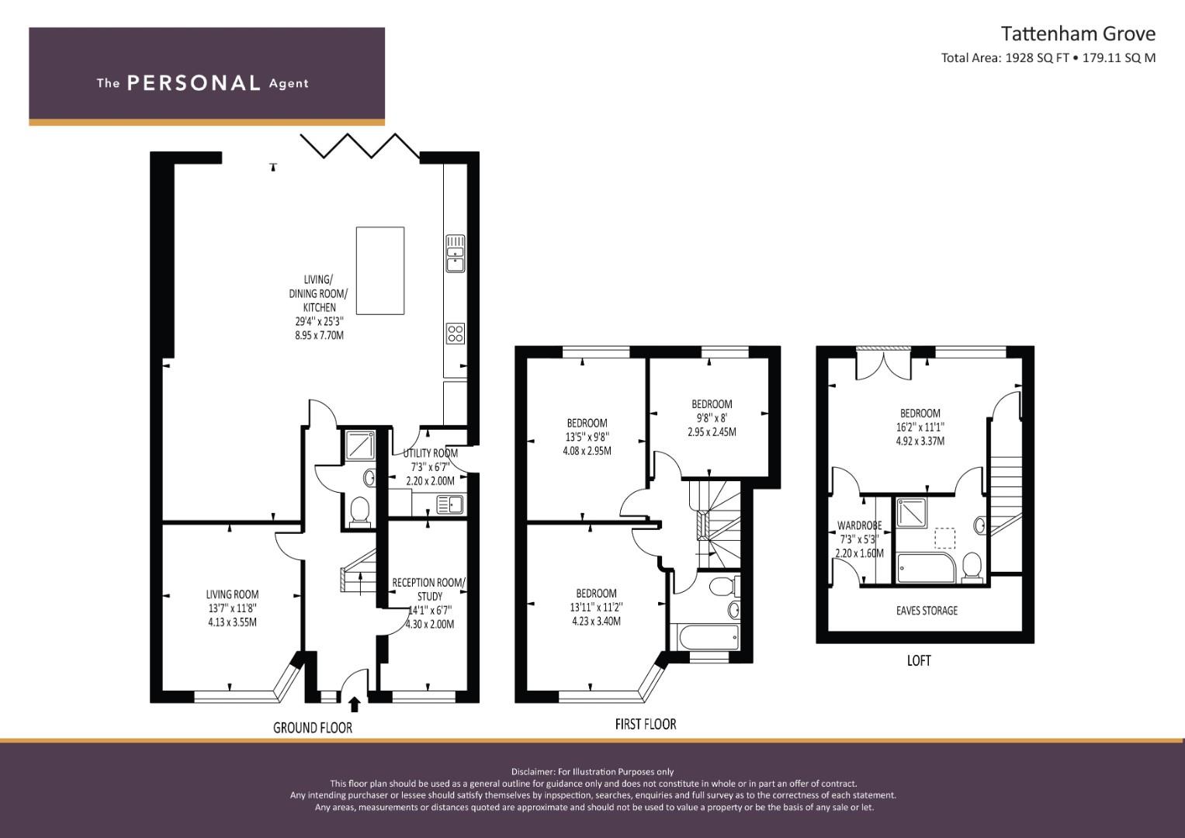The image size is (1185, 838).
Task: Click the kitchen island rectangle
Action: click(x=379, y=270)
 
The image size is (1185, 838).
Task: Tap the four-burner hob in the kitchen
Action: click(x=456, y=334)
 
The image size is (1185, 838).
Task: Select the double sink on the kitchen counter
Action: click(x=456, y=254)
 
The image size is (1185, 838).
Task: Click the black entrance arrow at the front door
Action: click(x=355, y=705)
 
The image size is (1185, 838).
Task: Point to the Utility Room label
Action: click(x=430, y=453)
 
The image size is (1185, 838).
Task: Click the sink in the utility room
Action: click(x=450, y=504)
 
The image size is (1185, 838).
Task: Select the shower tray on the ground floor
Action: click(x=360, y=445)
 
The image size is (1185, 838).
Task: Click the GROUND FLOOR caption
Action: click(x=313, y=728)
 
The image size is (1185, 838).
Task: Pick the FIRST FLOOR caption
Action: click(x=646, y=724)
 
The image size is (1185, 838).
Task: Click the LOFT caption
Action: click(x=918, y=661)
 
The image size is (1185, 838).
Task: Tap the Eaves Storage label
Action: click(x=927, y=611)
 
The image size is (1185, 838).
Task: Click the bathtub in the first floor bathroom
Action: click(x=705, y=638)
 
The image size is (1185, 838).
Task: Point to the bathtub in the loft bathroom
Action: click(x=926, y=568)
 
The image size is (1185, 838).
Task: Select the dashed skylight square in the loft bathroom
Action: click(x=945, y=538)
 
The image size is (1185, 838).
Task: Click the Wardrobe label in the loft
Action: click(x=860, y=526)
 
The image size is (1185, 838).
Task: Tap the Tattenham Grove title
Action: click(x=1078, y=34)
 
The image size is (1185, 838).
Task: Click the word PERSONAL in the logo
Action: click(x=194, y=83)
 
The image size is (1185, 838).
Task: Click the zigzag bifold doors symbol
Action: click(x=361, y=146)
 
